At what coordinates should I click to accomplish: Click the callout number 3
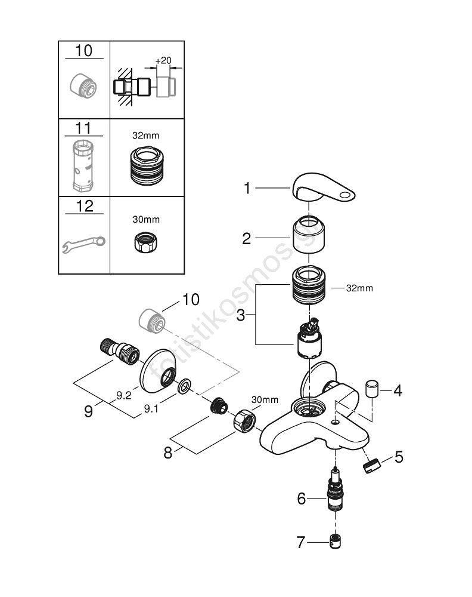(241, 315)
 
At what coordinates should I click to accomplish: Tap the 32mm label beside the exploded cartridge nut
(359, 288)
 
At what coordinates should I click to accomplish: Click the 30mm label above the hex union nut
(265, 399)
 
